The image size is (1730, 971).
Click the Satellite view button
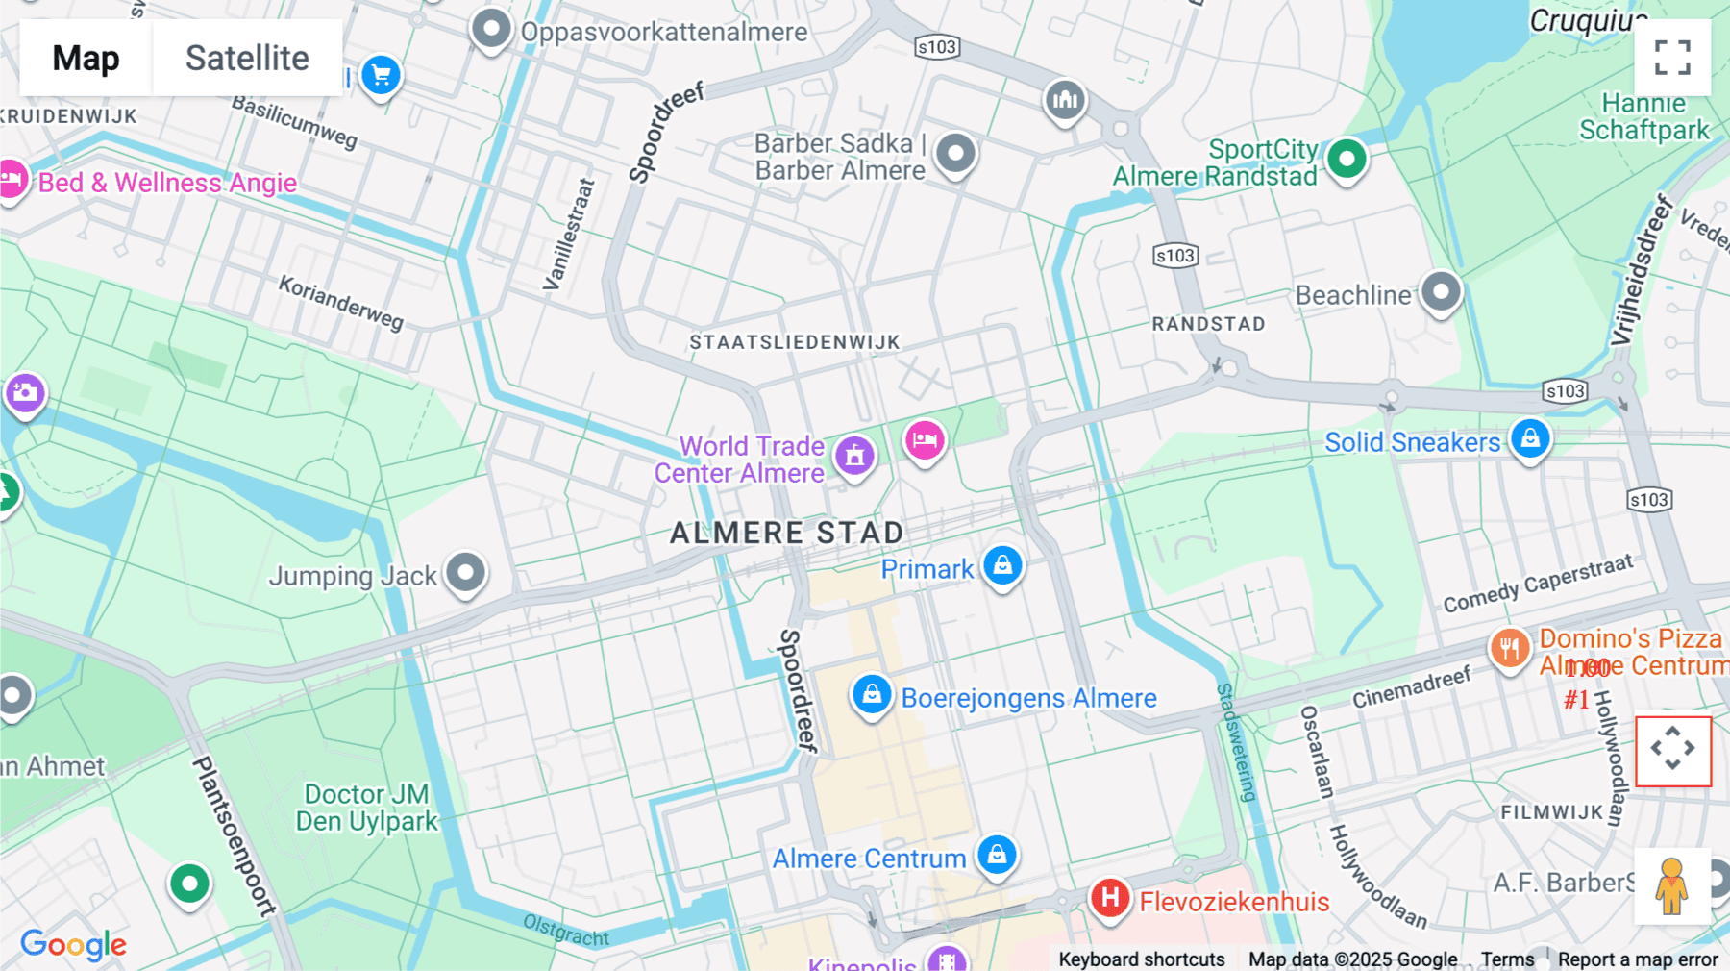247,59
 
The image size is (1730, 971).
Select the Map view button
86,59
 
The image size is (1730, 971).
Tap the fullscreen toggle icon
1672,58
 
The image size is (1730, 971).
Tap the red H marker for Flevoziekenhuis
1110,898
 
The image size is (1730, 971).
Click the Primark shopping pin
1002,565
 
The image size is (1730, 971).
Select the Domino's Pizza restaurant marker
1510,648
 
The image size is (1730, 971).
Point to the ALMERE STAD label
786,533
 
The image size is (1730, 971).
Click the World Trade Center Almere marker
854,455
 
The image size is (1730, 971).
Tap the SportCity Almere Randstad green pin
1347,159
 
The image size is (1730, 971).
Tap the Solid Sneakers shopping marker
1530,438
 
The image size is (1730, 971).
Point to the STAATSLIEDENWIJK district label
795,342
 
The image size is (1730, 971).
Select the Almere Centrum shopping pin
997,854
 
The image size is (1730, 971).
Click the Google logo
74,945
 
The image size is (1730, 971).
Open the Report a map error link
1638,959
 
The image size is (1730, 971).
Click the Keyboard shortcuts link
1141,959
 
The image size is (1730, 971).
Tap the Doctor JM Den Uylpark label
366,808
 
